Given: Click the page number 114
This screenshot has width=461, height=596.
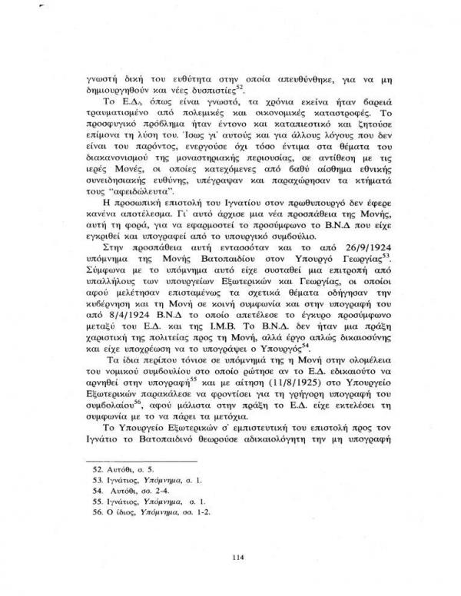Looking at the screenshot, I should tap(230, 535).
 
